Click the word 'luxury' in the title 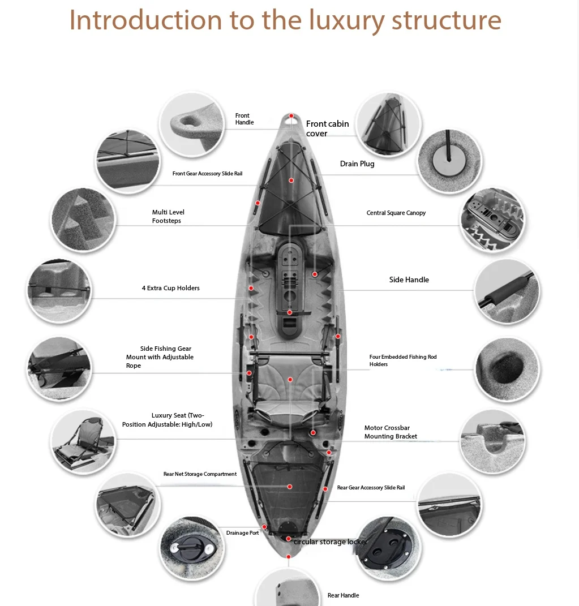[x=346, y=20]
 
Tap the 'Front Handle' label [x=245, y=119]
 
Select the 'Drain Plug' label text [x=357, y=164]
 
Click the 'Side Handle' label [x=409, y=280]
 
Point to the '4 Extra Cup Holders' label [x=170, y=288]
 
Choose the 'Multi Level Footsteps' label [x=168, y=216]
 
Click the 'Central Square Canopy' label [x=396, y=213]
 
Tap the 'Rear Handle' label [x=343, y=595]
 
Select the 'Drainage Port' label [x=242, y=532]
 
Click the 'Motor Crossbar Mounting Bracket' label [x=391, y=432]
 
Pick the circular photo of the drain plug [x=450, y=161]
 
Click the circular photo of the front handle [x=192, y=124]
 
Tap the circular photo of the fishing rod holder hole [x=507, y=369]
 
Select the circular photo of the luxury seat [x=84, y=442]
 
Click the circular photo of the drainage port [x=192, y=548]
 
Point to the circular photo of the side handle [x=507, y=291]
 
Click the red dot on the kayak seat [x=290, y=380]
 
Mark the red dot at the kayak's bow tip [x=291, y=116]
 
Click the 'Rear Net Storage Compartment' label [x=200, y=474]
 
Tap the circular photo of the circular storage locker [x=388, y=548]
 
